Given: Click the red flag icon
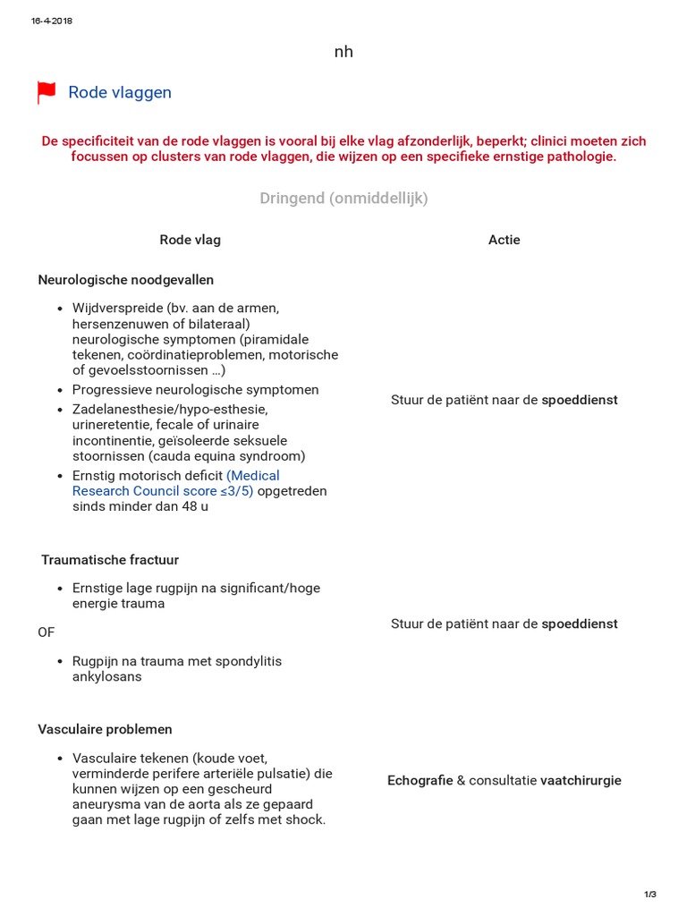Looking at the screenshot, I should click(x=46, y=93).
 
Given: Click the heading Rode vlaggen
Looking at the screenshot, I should click(x=120, y=93).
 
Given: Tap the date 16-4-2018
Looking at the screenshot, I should click(x=51, y=21).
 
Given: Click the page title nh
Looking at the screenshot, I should click(x=343, y=52).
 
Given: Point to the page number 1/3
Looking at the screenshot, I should click(x=650, y=895).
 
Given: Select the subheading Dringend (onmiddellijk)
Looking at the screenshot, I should click(x=343, y=199).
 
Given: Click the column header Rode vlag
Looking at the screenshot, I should click(x=190, y=240).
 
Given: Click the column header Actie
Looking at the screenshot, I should click(x=504, y=240).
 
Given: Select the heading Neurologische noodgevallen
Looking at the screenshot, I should click(x=126, y=280).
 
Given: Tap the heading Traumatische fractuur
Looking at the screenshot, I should click(x=110, y=560).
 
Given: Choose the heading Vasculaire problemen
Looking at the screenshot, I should click(x=106, y=729).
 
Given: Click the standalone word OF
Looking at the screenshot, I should click(x=47, y=632).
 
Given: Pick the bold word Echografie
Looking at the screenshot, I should click(x=420, y=781).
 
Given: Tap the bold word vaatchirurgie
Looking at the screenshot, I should click(x=580, y=781).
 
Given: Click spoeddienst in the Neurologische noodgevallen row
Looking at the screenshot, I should click(x=580, y=400).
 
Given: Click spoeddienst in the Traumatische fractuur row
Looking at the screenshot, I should click(x=580, y=623).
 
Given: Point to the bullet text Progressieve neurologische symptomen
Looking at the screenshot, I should click(x=195, y=390).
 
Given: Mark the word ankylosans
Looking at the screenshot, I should click(x=106, y=677).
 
